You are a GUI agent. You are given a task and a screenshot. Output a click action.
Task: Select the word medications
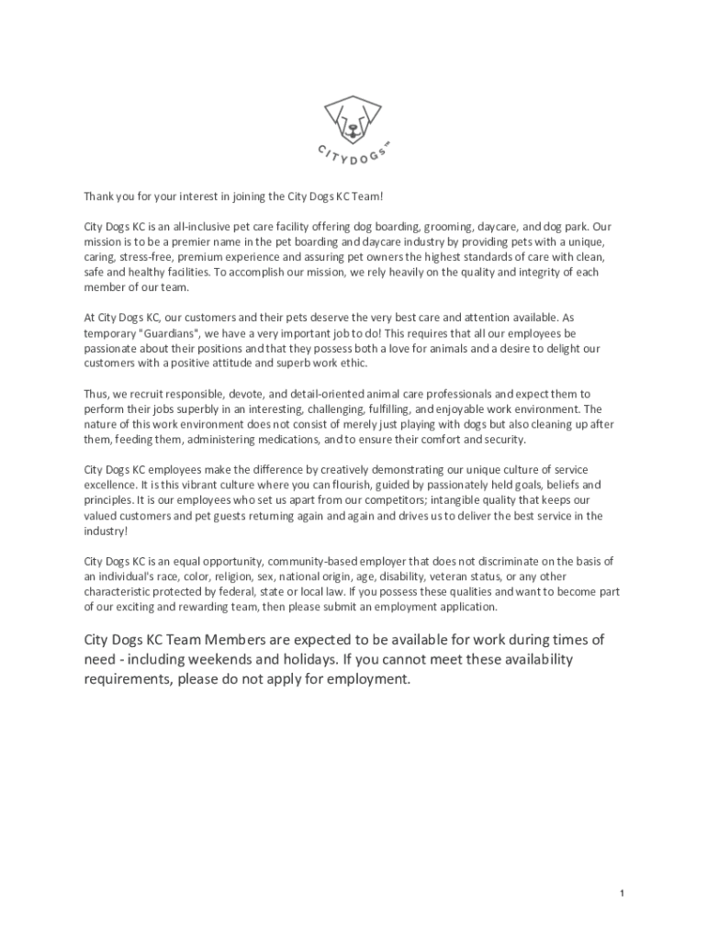pos(276,440)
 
